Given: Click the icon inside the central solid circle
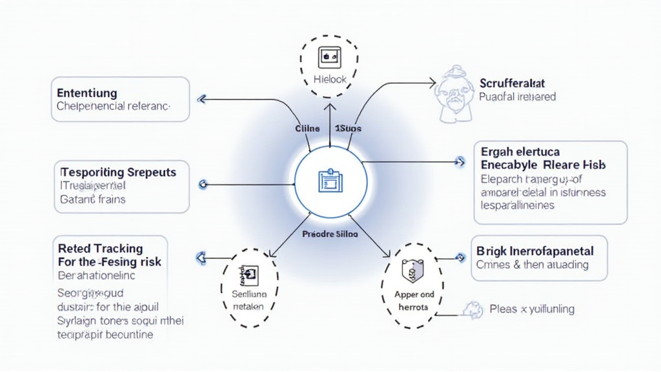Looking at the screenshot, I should pos(330,180).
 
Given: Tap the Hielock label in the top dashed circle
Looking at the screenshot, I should pos(330,79).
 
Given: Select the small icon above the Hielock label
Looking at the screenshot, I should pos(330,57).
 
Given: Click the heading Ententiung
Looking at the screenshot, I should pos(87,93).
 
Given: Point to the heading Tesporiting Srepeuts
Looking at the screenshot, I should pos(118,172).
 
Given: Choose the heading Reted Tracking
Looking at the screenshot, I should pos(100,249).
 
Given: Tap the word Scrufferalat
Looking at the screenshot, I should pos(513,83).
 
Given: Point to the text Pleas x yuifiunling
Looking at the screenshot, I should pos(532,309).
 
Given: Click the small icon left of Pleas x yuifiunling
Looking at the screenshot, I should pos(473,309).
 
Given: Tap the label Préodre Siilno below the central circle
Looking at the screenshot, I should pos(330,234).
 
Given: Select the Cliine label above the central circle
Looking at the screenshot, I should pos(307,129).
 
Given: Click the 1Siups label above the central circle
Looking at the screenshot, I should pos(349,129).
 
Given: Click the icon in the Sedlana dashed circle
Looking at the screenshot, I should pos(249,276).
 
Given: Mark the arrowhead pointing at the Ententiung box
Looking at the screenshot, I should pos(201,99).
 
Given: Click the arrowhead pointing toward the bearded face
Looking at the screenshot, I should pos(432,83).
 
